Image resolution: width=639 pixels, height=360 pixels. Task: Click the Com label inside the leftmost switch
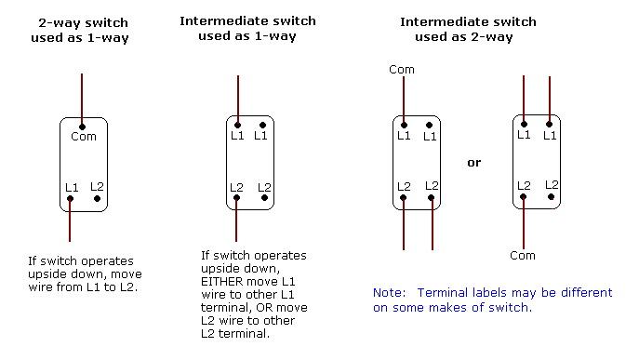click(x=84, y=136)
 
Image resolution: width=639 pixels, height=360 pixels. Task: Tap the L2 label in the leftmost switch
click(x=98, y=187)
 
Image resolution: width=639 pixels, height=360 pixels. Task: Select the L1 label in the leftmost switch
click(x=72, y=188)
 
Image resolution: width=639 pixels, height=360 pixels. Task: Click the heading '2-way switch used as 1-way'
click(x=83, y=29)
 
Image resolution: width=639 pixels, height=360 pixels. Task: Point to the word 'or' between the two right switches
click(x=474, y=162)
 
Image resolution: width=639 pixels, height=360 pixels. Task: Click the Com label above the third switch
click(x=402, y=69)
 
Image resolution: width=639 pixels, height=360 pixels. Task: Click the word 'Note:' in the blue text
click(x=389, y=292)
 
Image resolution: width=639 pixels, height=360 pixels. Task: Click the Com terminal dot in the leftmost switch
click(x=83, y=126)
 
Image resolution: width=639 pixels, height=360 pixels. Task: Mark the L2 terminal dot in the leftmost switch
click(x=97, y=197)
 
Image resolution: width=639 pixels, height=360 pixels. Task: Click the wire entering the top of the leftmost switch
click(x=83, y=98)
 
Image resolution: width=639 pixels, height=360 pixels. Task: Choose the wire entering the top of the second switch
click(x=238, y=99)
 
